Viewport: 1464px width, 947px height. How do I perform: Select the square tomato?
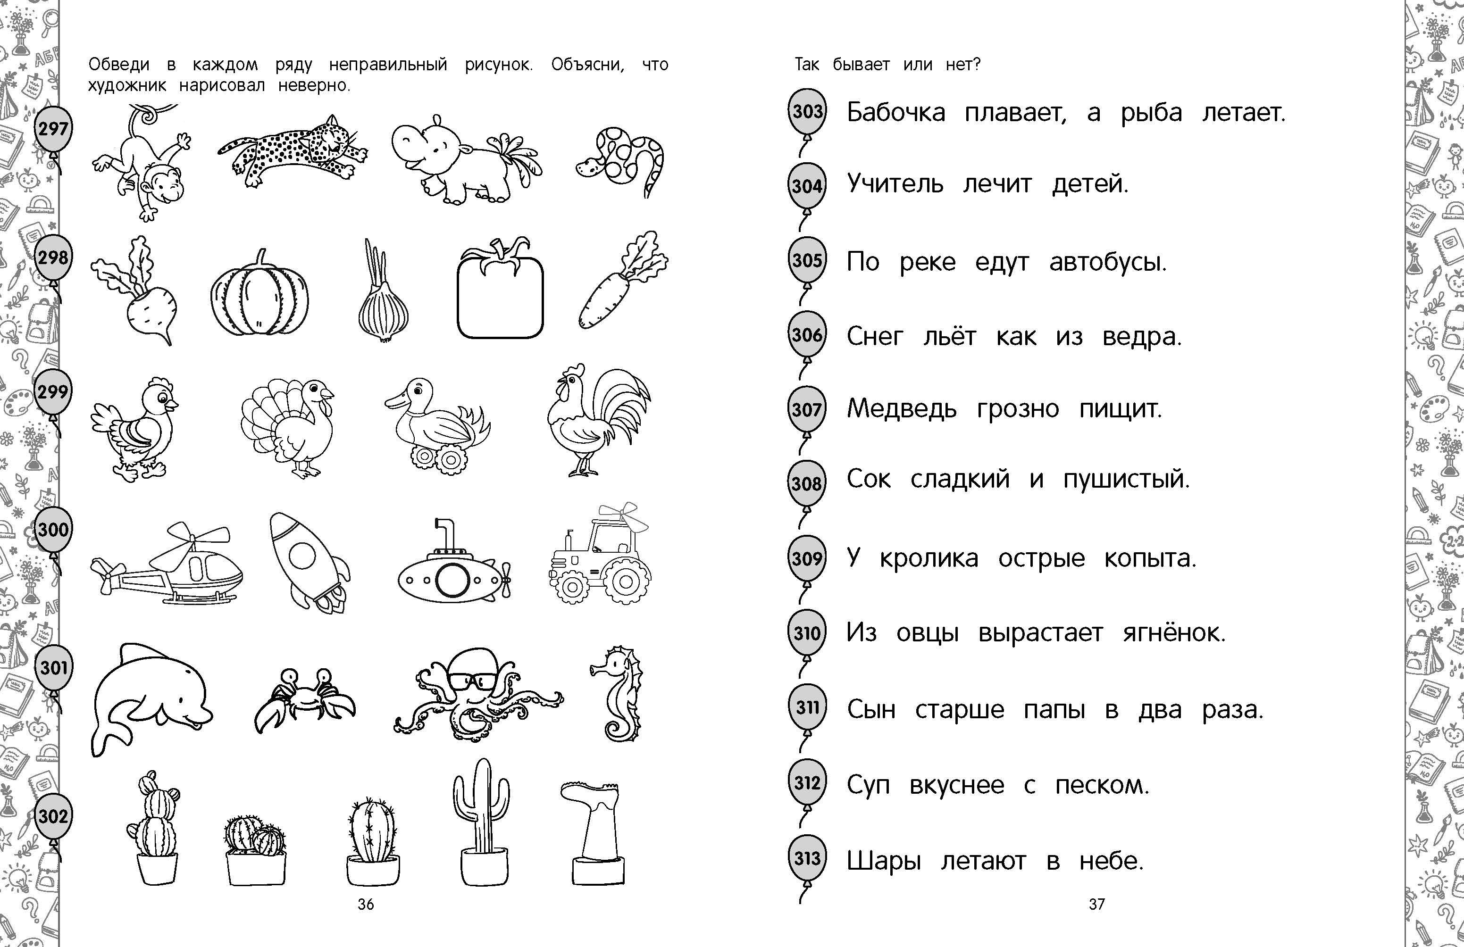click(500, 289)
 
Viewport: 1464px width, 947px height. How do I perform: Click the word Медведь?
click(901, 409)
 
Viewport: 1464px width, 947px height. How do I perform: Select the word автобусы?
click(1108, 262)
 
